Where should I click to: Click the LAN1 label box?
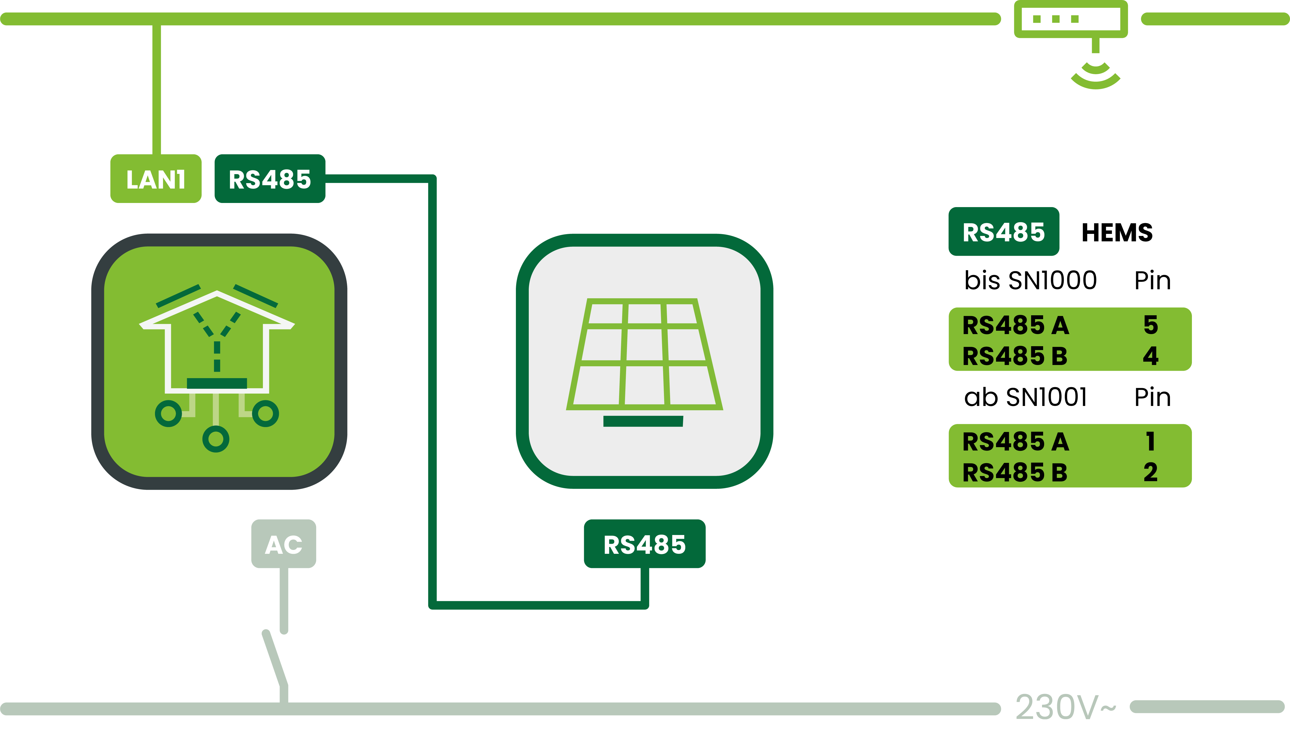point(156,179)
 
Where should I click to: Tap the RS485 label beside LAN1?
point(270,179)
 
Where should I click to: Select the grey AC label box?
point(284,543)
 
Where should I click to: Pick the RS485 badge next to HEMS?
point(1004,232)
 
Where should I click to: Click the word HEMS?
point(1117,232)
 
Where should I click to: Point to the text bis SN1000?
point(1030,280)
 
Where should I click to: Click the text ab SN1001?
point(1025,397)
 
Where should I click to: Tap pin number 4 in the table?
point(1150,356)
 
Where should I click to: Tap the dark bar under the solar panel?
point(643,421)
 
